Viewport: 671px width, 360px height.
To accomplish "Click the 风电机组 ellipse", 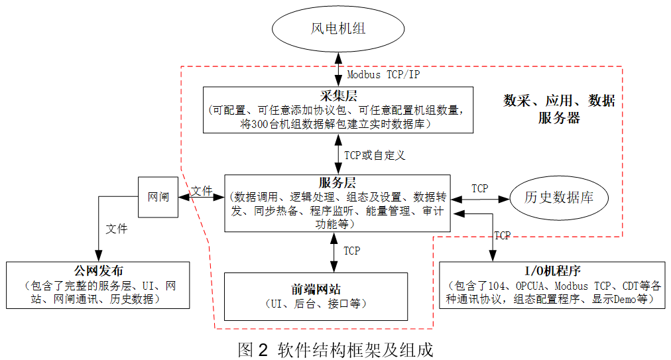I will (338, 29).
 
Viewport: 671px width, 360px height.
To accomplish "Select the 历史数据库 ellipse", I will (558, 198).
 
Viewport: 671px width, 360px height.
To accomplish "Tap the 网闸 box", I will (158, 197).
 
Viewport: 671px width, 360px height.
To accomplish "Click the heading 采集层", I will (338, 96).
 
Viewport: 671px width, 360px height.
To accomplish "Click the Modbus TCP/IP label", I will (383, 74).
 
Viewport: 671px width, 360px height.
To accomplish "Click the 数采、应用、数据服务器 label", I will (559, 109).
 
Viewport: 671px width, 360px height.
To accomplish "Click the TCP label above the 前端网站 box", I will (351, 251).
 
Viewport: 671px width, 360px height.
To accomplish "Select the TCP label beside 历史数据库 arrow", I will (479, 188).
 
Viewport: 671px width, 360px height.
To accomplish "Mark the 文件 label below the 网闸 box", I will (117, 229).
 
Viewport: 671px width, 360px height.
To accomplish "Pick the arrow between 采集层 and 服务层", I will (338, 154).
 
